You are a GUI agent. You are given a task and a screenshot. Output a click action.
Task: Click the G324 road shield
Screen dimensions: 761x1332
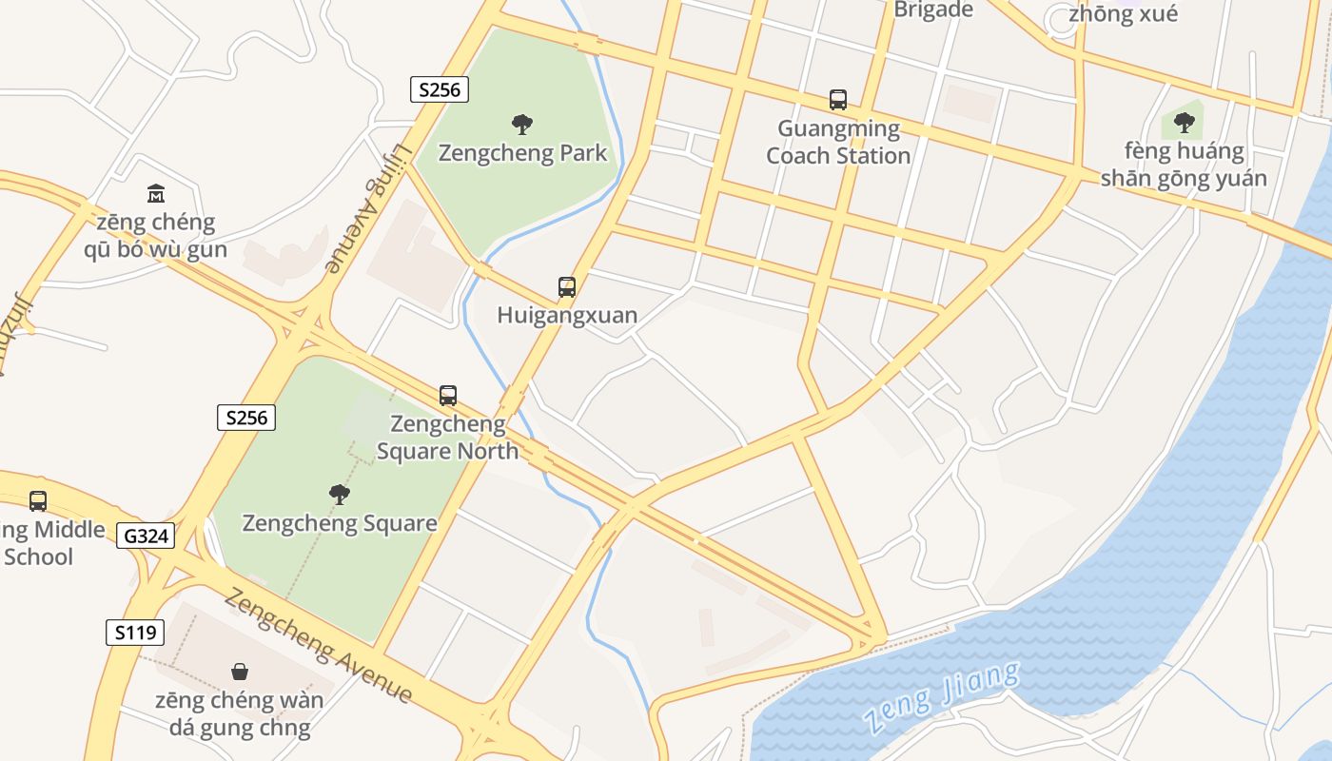147,536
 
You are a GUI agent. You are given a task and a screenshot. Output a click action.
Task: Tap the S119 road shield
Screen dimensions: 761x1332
135,633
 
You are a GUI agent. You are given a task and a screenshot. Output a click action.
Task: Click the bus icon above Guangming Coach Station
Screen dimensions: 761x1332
838,100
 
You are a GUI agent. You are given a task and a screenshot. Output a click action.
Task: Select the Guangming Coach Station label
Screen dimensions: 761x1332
838,142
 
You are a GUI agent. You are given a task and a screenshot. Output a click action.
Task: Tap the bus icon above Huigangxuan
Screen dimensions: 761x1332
567,287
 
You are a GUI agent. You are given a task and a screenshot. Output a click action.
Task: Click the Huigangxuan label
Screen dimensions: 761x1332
567,315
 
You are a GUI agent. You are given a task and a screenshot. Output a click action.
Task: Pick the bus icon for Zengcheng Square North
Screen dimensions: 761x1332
448,396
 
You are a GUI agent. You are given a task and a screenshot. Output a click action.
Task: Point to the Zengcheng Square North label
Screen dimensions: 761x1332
447,437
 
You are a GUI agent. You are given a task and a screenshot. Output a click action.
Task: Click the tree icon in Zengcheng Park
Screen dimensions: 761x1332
521,124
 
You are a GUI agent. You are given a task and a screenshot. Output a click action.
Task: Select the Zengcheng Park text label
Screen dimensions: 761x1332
523,153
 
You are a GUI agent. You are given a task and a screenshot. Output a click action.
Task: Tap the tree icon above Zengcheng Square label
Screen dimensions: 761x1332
339,494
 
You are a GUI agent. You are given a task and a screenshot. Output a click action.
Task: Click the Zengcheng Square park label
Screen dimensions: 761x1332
340,523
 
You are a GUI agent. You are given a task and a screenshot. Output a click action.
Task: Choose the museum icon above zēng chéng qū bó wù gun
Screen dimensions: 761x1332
156,194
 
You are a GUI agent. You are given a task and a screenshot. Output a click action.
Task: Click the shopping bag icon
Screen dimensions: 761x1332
240,672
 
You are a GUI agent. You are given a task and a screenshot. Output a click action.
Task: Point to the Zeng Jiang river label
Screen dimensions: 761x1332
941,699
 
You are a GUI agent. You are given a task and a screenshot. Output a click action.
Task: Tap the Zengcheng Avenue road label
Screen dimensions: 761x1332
319,646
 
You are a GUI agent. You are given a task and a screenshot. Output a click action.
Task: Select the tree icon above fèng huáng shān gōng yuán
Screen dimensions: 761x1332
1184,122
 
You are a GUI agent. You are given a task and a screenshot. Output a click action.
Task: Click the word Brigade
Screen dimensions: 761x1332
933,10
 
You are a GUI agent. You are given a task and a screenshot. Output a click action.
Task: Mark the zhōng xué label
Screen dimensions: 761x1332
1123,13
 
